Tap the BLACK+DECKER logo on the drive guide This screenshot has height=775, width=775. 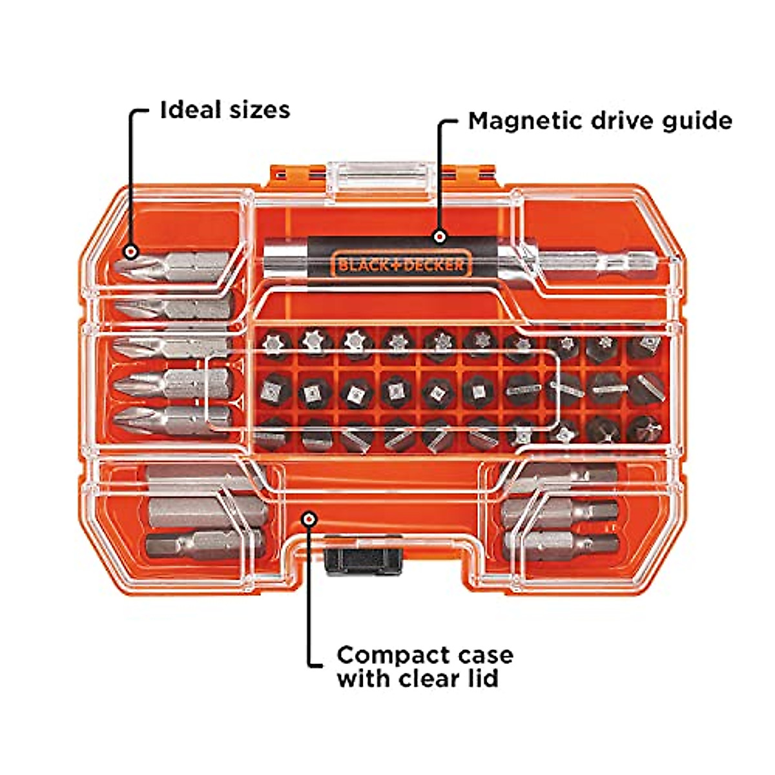tap(401, 265)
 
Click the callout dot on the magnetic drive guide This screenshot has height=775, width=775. tap(440, 237)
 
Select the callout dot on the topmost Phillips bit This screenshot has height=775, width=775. tap(132, 251)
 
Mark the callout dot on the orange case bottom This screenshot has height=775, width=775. tap(311, 519)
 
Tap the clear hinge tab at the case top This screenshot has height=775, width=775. tap(378, 178)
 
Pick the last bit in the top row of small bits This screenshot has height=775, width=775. tap(645, 346)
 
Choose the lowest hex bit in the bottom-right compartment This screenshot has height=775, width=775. tap(562, 544)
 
